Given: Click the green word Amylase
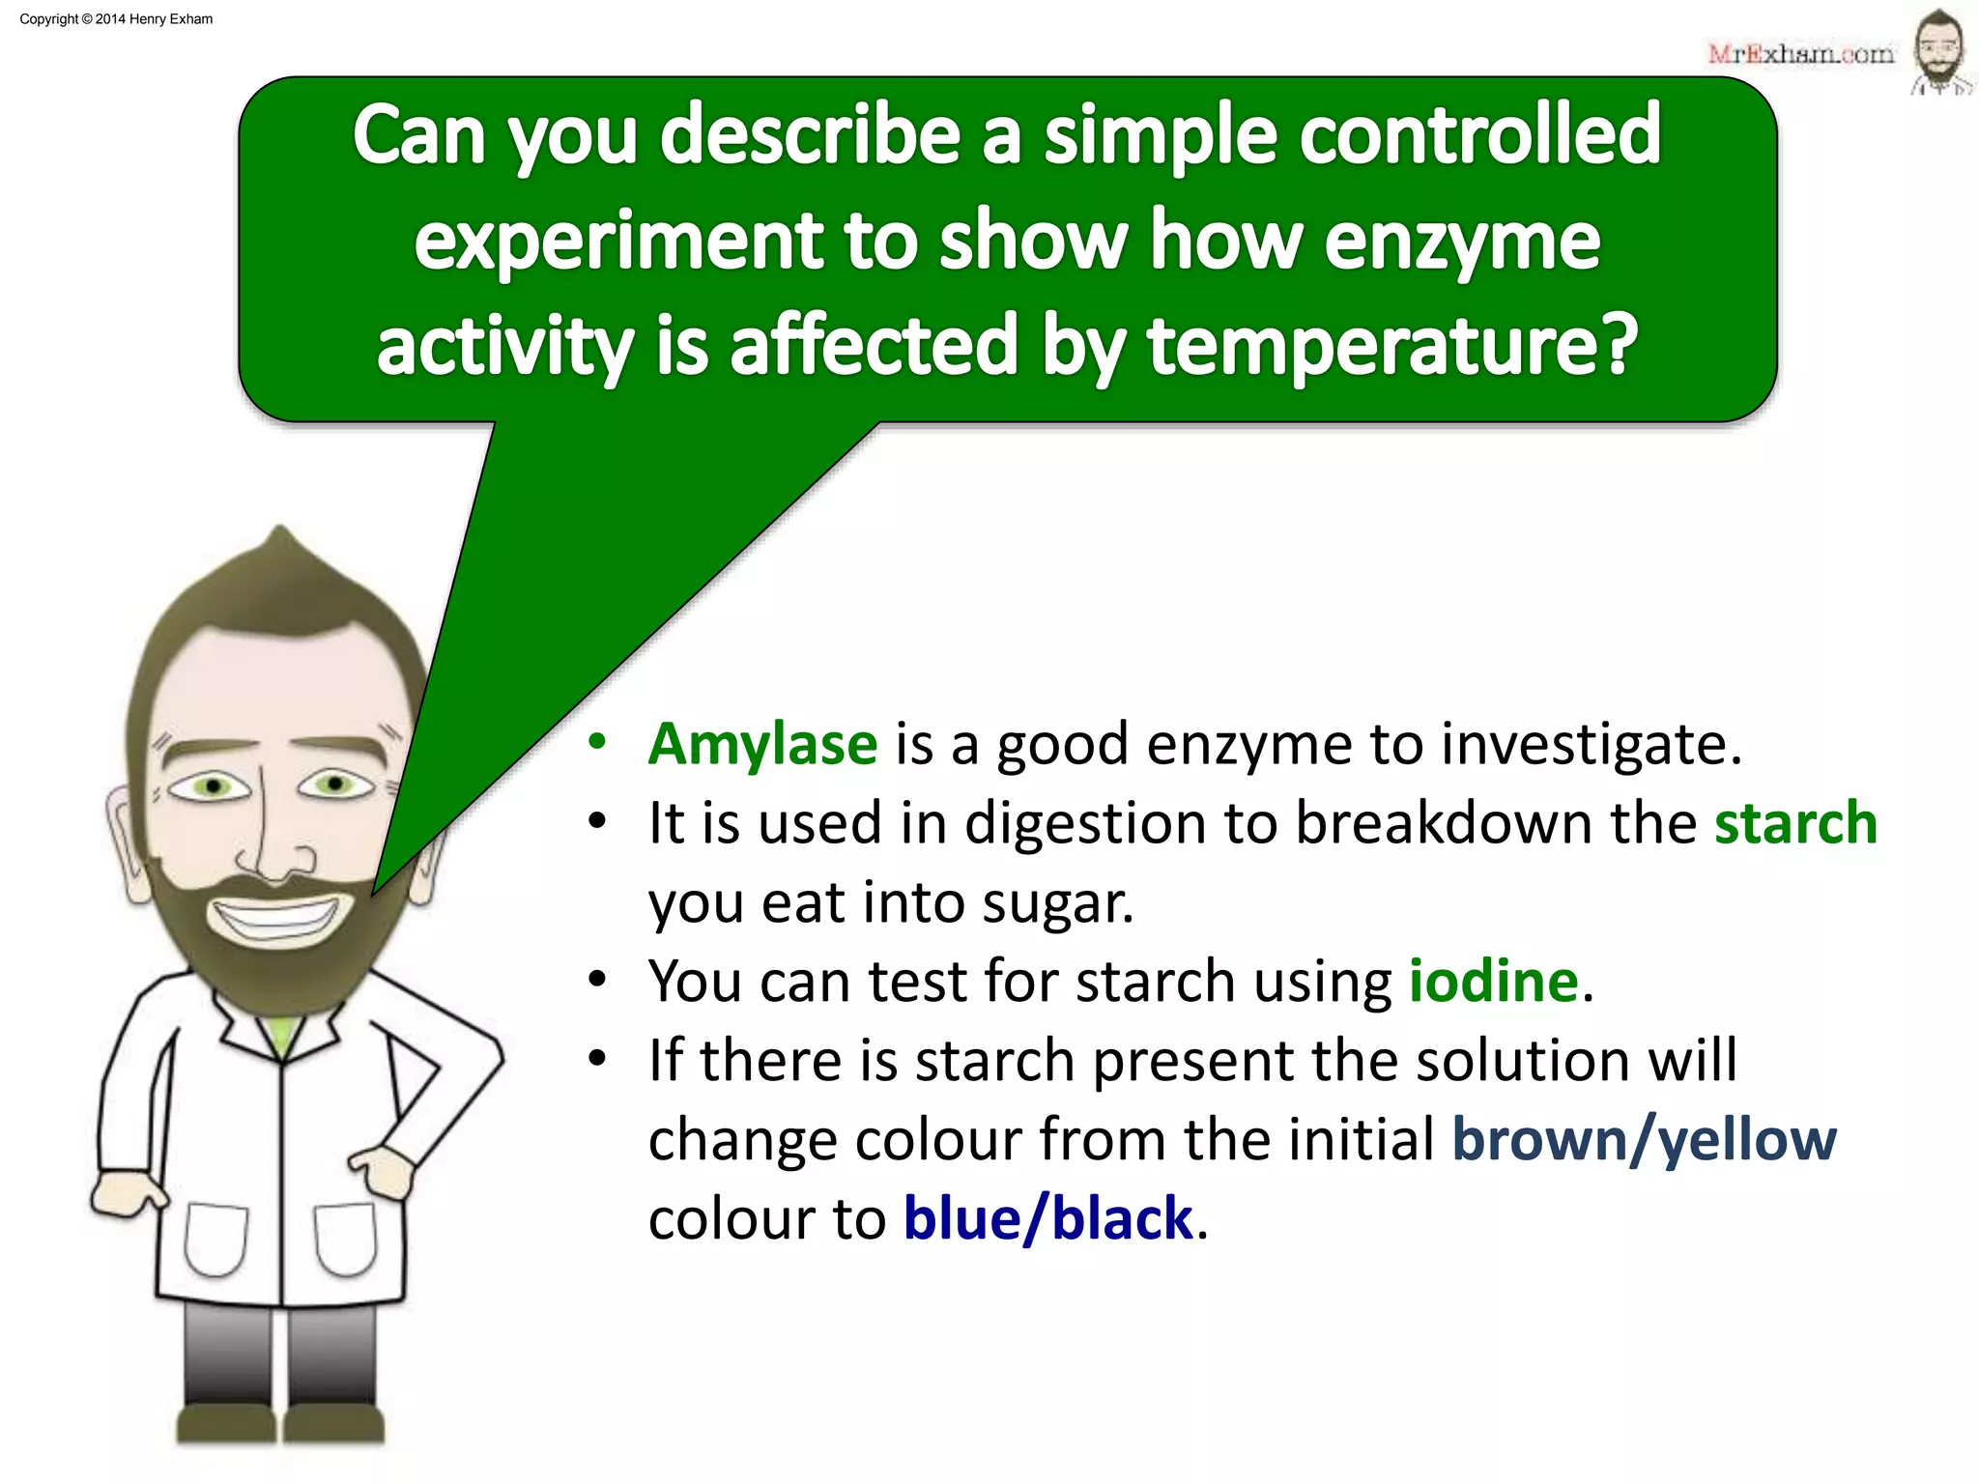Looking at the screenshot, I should tap(762, 745).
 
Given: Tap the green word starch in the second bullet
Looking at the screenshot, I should tap(1794, 824).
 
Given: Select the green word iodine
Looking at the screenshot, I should tap(1493, 983).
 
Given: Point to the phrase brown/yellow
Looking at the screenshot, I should tap(1644, 1141).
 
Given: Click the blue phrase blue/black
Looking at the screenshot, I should tap(1048, 1219).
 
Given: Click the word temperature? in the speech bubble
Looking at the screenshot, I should tap(1392, 345).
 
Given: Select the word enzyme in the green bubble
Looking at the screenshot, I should tap(1461, 241).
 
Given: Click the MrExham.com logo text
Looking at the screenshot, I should tap(1800, 54).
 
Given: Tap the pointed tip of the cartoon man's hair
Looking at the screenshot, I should tap(280, 531).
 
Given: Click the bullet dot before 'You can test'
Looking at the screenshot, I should tap(597, 981).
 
